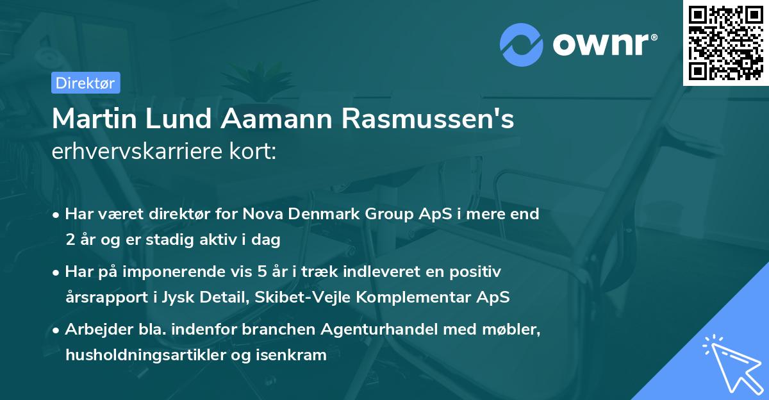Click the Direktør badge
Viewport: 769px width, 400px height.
tap(85, 83)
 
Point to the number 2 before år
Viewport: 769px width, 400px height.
tap(70, 240)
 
